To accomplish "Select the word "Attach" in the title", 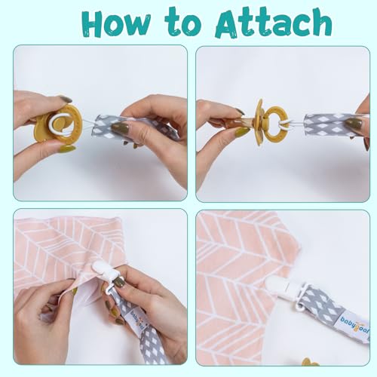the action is click(x=274, y=26).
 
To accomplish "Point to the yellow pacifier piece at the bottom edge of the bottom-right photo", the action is click(x=309, y=360).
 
